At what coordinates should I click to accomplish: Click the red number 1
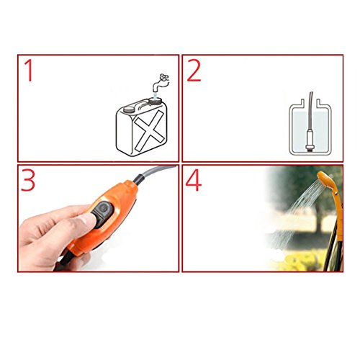(x=30, y=71)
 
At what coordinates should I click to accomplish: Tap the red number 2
(x=194, y=71)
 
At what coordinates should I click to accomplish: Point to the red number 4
(x=194, y=181)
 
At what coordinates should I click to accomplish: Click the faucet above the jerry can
(x=161, y=83)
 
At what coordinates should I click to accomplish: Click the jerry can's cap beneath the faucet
(x=156, y=99)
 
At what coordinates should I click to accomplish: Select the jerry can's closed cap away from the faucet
(x=129, y=110)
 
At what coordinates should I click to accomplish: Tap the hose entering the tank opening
(x=310, y=110)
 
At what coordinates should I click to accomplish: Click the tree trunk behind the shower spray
(x=319, y=222)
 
